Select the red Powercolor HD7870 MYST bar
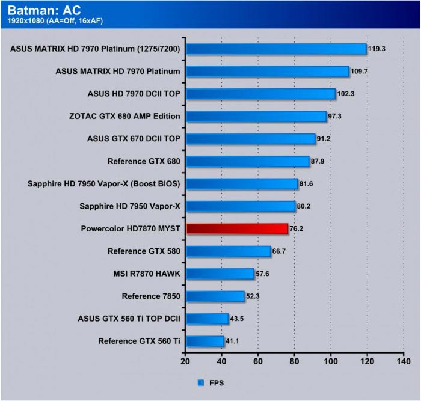pyautogui.click(x=237, y=228)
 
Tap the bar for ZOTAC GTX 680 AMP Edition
pyautogui.click(x=256, y=116)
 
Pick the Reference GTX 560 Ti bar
pyautogui.click(x=205, y=341)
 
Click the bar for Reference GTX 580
pyautogui.click(x=229, y=251)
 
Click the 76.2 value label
pyautogui.click(x=298, y=228)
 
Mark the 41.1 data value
pyautogui.click(x=233, y=341)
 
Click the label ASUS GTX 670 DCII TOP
pyautogui.click(x=134, y=138)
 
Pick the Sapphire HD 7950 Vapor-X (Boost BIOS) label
pyautogui.click(x=105, y=183)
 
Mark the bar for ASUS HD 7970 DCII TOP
pyautogui.click(x=260, y=94)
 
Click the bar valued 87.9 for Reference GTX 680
pyautogui.click(x=247, y=161)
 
